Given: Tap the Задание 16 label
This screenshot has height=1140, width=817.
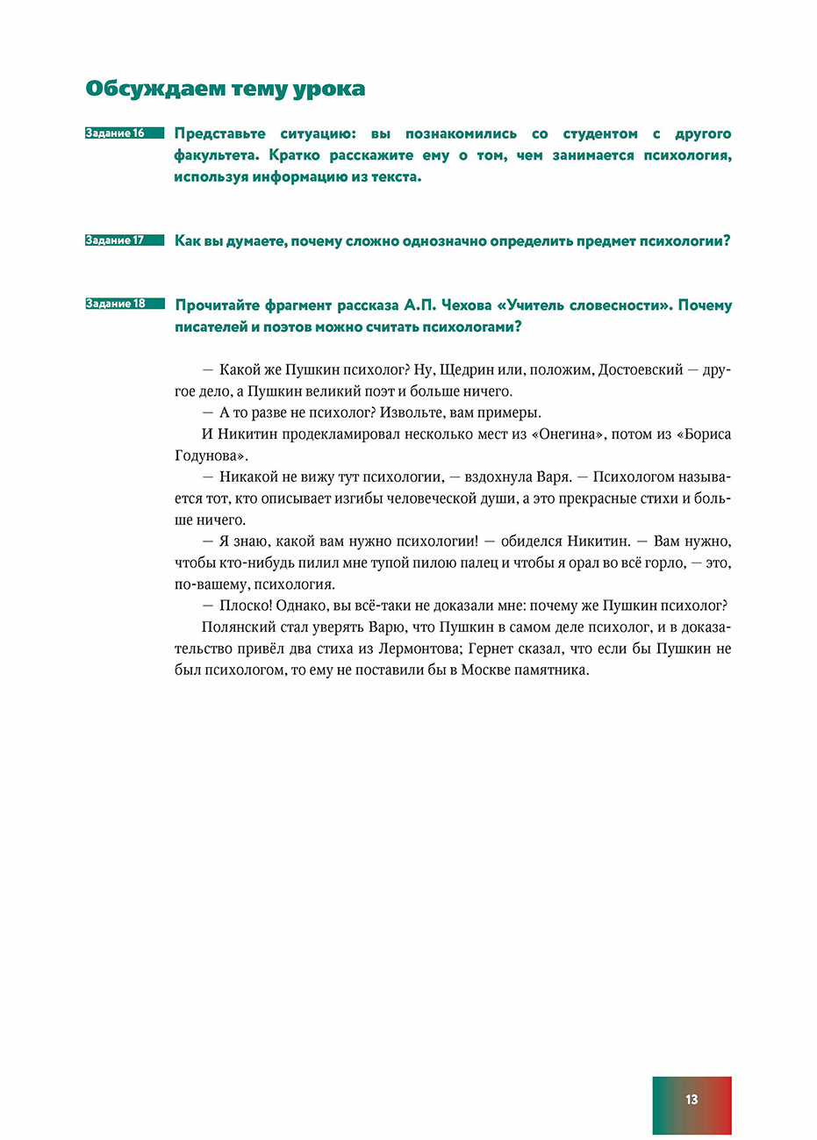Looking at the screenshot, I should [x=115, y=133].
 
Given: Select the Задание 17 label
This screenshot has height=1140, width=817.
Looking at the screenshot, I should [x=115, y=240].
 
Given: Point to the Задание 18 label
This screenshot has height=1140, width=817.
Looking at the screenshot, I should [x=115, y=304].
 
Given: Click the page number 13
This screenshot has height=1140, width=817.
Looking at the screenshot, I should [x=692, y=1100].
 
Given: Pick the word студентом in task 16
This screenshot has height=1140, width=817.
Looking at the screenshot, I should [x=600, y=134].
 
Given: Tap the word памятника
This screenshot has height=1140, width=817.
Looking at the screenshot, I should [x=551, y=670].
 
